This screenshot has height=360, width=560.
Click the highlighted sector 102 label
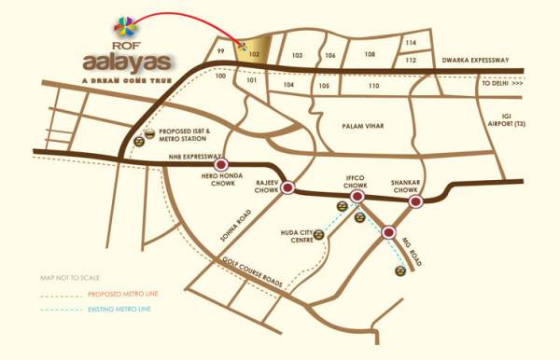tap(254, 55)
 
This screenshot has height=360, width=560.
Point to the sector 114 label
tap(411, 43)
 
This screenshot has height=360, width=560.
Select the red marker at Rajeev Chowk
tap(289, 187)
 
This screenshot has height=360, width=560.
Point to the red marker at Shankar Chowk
tap(417, 200)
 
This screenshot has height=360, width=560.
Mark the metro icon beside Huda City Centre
tap(319, 234)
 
